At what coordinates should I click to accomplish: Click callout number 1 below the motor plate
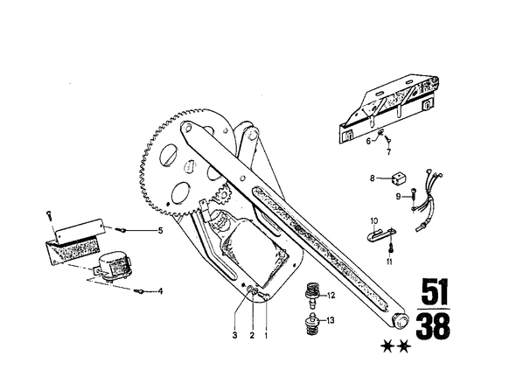pos(266,335)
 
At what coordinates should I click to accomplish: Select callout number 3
pos(234,335)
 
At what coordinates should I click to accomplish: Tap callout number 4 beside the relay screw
pos(160,291)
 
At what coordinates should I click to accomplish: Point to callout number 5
pos(160,230)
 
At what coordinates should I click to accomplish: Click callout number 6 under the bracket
pos(368,141)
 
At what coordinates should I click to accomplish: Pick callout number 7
pos(388,152)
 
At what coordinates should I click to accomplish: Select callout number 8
pos(373,178)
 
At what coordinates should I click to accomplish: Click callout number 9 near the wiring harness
pos(398,197)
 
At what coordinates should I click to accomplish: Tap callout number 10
pos(374,221)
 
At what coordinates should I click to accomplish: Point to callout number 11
pos(389,262)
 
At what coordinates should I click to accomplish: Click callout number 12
pos(331,296)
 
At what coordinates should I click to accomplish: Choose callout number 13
pos(331,321)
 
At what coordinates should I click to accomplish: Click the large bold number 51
pos(435,291)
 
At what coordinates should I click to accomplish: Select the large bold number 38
pos(433,326)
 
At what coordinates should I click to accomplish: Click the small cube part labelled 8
pos(399,178)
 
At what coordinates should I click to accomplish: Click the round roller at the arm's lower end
pos(401,322)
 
